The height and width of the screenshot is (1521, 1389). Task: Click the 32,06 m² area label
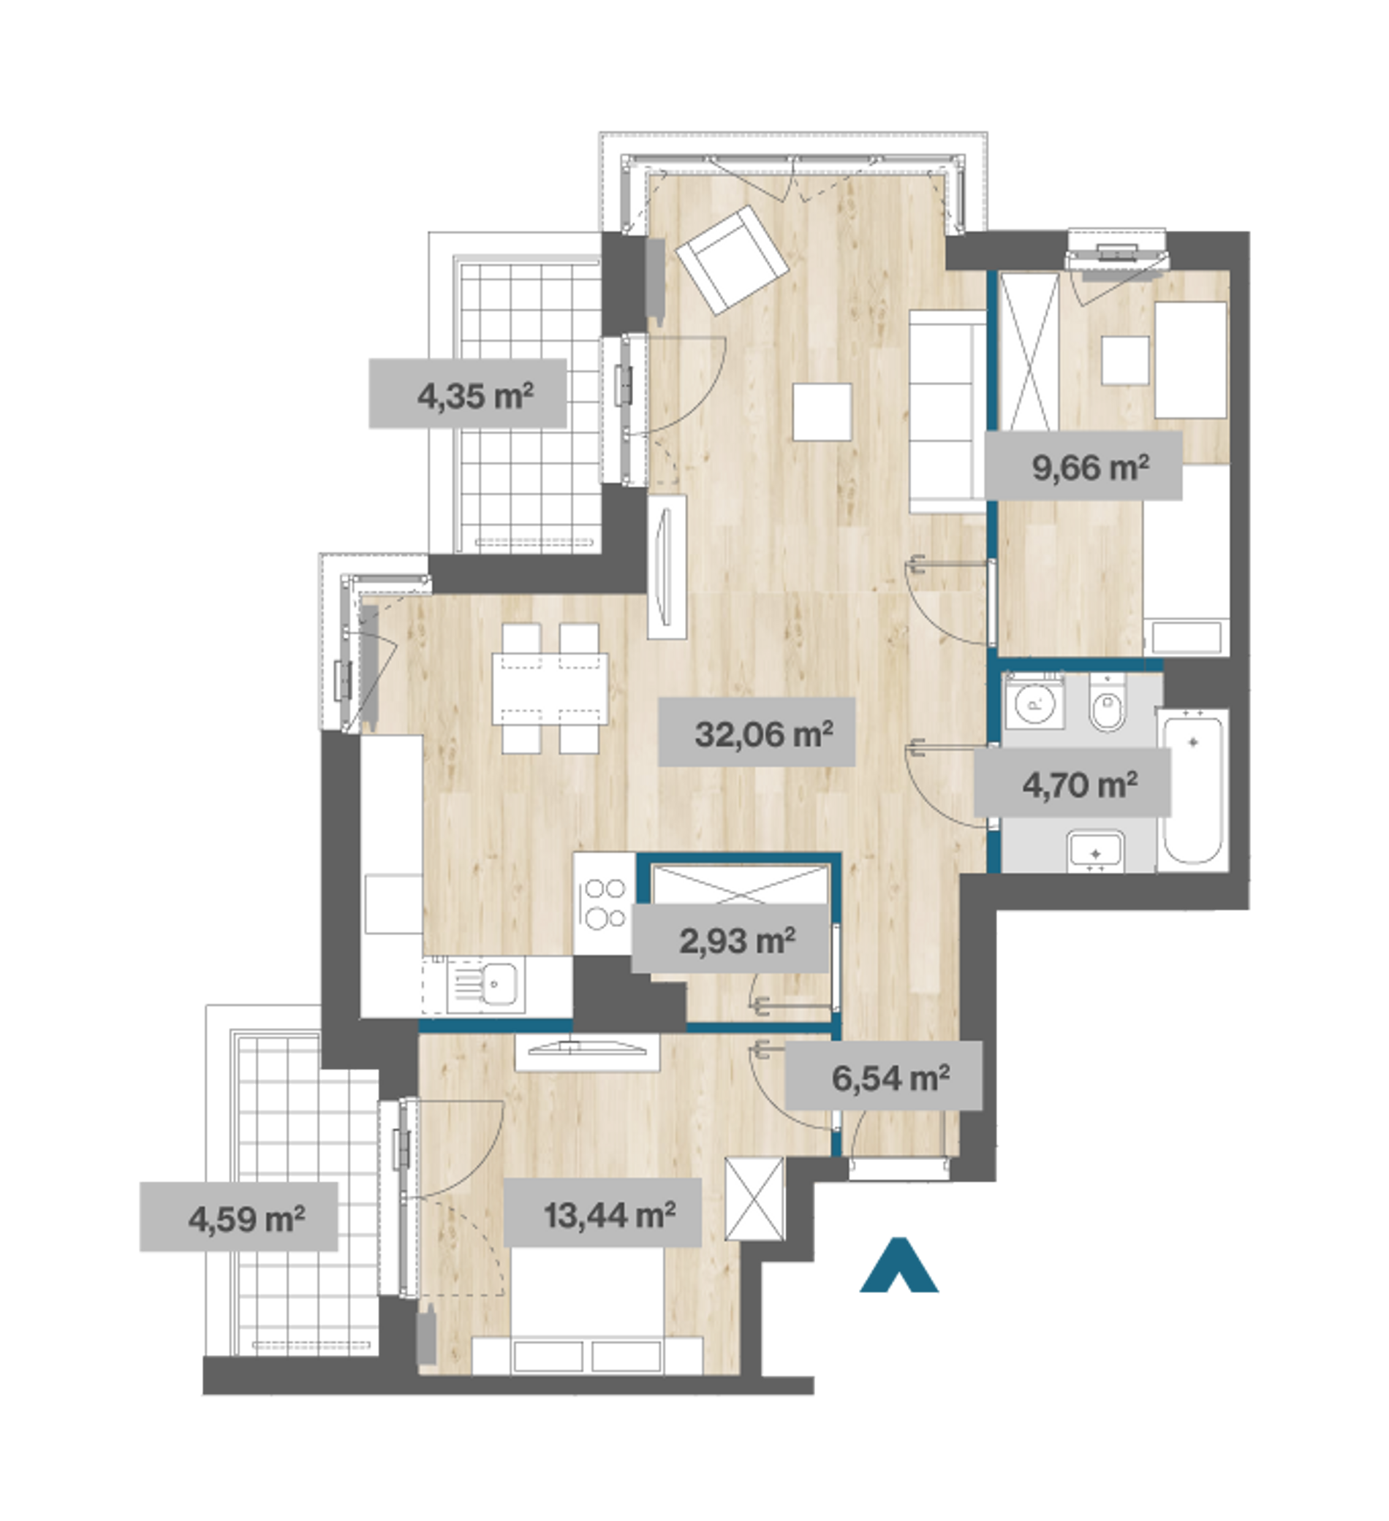click(763, 733)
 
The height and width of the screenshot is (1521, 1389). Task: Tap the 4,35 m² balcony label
click(476, 395)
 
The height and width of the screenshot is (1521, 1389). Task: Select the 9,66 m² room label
click(1090, 468)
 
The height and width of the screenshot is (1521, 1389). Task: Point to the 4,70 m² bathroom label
click(1080, 785)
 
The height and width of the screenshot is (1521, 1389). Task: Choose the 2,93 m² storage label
click(737, 941)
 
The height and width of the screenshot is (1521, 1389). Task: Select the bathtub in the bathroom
click(1193, 790)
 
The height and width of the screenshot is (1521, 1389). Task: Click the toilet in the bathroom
click(1108, 705)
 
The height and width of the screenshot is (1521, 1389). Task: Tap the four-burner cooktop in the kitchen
click(604, 903)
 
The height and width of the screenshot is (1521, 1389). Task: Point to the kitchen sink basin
click(499, 983)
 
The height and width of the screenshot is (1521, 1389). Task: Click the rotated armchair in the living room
click(733, 259)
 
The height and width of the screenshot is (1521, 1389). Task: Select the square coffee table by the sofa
click(822, 412)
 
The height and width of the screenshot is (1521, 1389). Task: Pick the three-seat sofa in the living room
click(948, 412)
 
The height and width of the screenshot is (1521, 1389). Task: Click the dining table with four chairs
click(550, 688)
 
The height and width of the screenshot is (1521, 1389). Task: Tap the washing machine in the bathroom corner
click(1034, 701)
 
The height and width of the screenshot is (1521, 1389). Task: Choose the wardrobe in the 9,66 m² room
click(1028, 352)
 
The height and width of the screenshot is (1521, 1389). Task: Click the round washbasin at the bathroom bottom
click(1096, 853)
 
